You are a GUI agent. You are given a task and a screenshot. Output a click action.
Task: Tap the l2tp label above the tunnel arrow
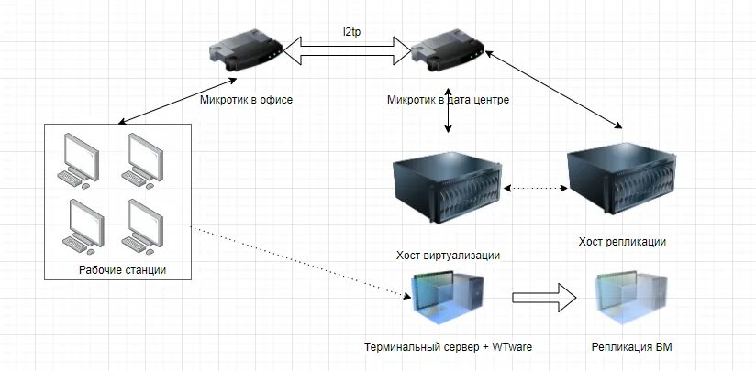[351, 31]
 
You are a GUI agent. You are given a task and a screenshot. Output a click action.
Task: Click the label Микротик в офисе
[246, 99]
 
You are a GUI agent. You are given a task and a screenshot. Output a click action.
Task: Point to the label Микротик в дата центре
[448, 99]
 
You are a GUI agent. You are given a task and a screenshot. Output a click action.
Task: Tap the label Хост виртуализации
[448, 255]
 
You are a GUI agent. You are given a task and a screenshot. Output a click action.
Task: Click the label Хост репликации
[622, 241]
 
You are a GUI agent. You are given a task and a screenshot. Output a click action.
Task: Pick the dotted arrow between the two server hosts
[536, 189]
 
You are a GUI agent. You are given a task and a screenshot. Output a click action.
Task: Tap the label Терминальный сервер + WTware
[448, 346]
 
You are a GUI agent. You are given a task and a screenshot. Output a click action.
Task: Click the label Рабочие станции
[122, 269]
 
